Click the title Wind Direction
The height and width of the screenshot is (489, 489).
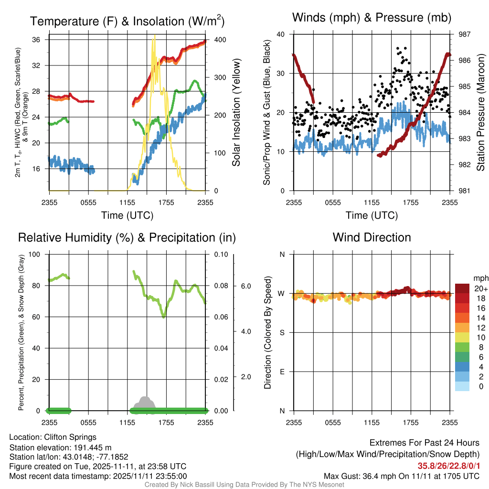(x=372, y=237)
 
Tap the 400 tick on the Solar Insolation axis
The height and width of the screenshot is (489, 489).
(x=220, y=40)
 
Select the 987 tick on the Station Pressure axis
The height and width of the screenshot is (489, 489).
(x=464, y=34)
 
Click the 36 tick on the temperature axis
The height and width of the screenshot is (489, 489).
(x=36, y=40)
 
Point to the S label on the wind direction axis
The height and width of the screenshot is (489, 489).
(x=282, y=333)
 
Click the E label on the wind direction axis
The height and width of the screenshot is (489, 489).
(x=282, y=372)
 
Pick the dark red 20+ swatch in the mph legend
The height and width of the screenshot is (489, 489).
(x=462, y=288)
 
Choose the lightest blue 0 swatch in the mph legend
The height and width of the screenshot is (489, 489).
(x=462, y=386)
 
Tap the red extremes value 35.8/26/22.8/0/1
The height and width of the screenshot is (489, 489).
(x=448, y=466)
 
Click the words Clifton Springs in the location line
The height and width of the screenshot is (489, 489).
(x=70, y=437)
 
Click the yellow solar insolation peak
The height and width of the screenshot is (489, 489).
(x=154, y=36)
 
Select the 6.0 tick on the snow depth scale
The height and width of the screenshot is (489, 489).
(x=246, y=287)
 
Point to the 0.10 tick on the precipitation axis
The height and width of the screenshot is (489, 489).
(x=221, y=255)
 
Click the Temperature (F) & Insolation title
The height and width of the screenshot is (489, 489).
(x=127, y=21)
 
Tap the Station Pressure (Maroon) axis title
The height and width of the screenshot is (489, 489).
(x=480, y=112)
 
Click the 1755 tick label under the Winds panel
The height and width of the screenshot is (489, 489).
(x=411, y=202)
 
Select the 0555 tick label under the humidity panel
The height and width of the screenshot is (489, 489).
(x=88, y=423)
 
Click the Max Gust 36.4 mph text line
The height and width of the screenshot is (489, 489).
(x=401, y=476)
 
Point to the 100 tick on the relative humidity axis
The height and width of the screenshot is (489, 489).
(x=34, y=255)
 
